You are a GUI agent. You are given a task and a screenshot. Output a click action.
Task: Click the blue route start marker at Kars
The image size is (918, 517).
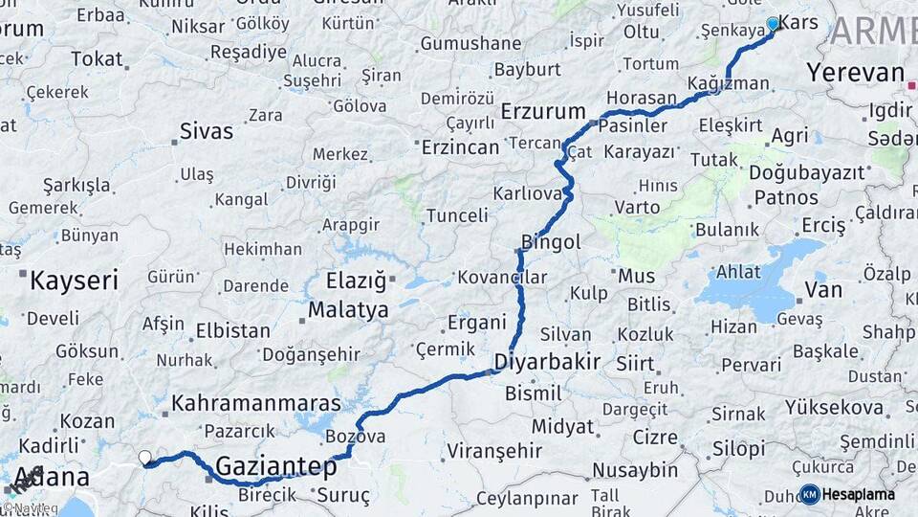(x=773, y=23)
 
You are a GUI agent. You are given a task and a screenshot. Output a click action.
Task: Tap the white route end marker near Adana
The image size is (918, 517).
(x=145, y=458)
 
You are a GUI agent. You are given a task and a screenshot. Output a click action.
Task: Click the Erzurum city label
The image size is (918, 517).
(x=542, y=109)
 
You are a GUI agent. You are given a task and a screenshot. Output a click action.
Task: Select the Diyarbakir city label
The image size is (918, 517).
(x=547, y=362)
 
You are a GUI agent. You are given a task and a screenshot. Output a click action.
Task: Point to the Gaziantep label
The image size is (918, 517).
(x=276, y=466)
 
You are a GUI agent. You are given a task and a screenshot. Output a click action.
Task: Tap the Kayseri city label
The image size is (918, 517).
(x=74, y=281)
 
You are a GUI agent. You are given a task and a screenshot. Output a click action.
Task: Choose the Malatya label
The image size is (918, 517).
(x=348, y=310)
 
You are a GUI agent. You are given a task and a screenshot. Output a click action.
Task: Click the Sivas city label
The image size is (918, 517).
(x=207, y=131)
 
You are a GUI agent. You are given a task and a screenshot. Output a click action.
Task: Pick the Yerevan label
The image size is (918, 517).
(x=855, y=73)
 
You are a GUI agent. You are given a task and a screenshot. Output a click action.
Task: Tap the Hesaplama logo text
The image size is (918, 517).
(x=859, y=494)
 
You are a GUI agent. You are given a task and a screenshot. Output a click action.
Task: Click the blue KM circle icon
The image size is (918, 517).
(x=809, y=494)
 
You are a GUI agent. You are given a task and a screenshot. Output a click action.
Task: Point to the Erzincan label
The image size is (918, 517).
(x=461, y=147)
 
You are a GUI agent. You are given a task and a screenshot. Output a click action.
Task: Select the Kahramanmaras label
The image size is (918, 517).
(x=257, y=403)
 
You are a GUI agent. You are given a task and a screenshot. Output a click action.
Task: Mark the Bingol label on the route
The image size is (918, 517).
(x=551, y=242)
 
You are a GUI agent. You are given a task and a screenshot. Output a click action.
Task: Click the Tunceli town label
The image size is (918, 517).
(x=457, y=215)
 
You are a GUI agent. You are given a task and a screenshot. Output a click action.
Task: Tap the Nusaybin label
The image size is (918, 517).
(x=634, y=470)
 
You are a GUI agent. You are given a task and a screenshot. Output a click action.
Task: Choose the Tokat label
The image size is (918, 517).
(x=97, y=58)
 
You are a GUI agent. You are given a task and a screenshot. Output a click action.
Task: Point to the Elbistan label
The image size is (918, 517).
(x=232, y=330)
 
